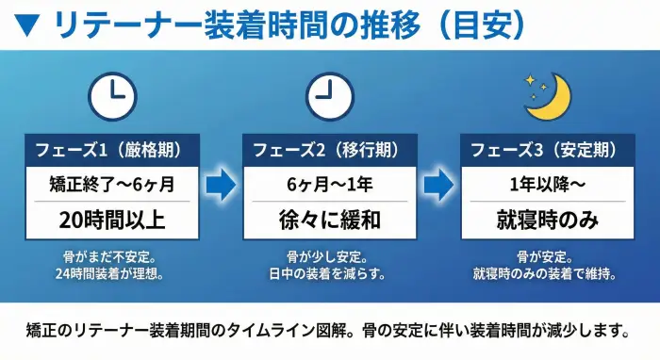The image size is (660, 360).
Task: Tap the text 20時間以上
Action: click(111, 221)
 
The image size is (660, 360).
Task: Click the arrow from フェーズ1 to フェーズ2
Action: click(221, 186)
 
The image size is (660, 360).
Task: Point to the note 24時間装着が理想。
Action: click(110, 274)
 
